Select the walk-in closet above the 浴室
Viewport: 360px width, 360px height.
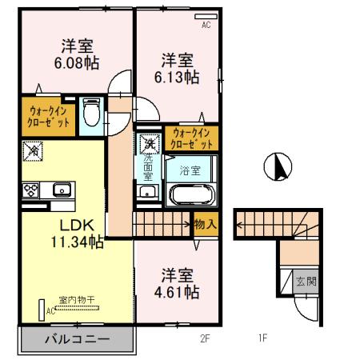pos(192,139)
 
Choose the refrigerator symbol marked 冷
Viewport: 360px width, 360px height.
pos(33,149)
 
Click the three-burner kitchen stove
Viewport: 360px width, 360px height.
pos(32,190)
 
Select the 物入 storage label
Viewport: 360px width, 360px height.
pos(206,224)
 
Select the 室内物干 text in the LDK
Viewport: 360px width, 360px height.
pos(76,300)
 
